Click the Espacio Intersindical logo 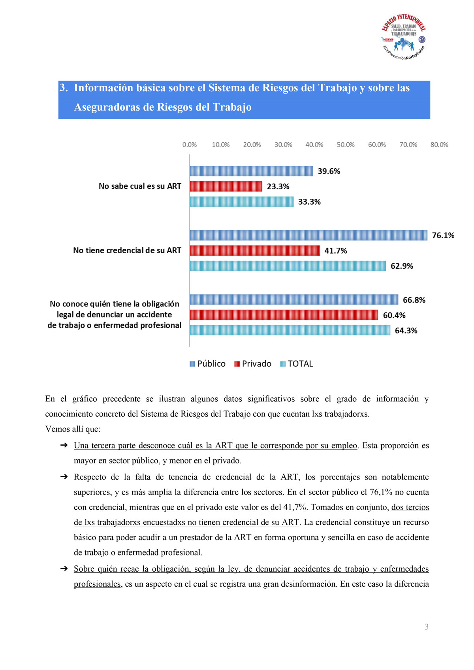pyautogui.click(x=404, y=37)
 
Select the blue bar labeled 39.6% pyautogui.click(x=251, y=171)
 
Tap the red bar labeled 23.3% pyautogui.click(x=226, y=186)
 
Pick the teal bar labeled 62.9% pyautogui.click(x=288, y=266)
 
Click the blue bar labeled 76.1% pyautogui.click(x=308, y=235)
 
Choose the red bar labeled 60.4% pyautogui.click(x=284, y=315)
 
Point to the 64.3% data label pyautogui.click(x=406, y=331)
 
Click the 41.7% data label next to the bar pyautogui.click(x=336, y=251)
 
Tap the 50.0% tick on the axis pyautogui.click(x=346, y=145)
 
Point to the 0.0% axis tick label pyautogui.click(x=190, y=145)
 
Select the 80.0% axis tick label pyautogui.click(x=439, y=145)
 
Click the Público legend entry pyautogui.click(x=208, y=364)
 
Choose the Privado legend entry pyautogui.click(x=253, y=364)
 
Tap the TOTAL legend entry pyautogui.click(x=297, y=364)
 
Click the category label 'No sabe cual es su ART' pyautogui.click(x=140, y=186)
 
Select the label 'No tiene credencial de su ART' pyautogui.click(x=127, y=250)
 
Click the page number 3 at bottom pyautogui.click(x=427, y=627)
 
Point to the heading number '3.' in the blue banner pyautogui.click(x=64, y=88)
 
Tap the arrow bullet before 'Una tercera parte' pyautogui.click(x=64, y=445)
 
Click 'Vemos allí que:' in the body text pyautogui.click(x=73, y=429)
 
